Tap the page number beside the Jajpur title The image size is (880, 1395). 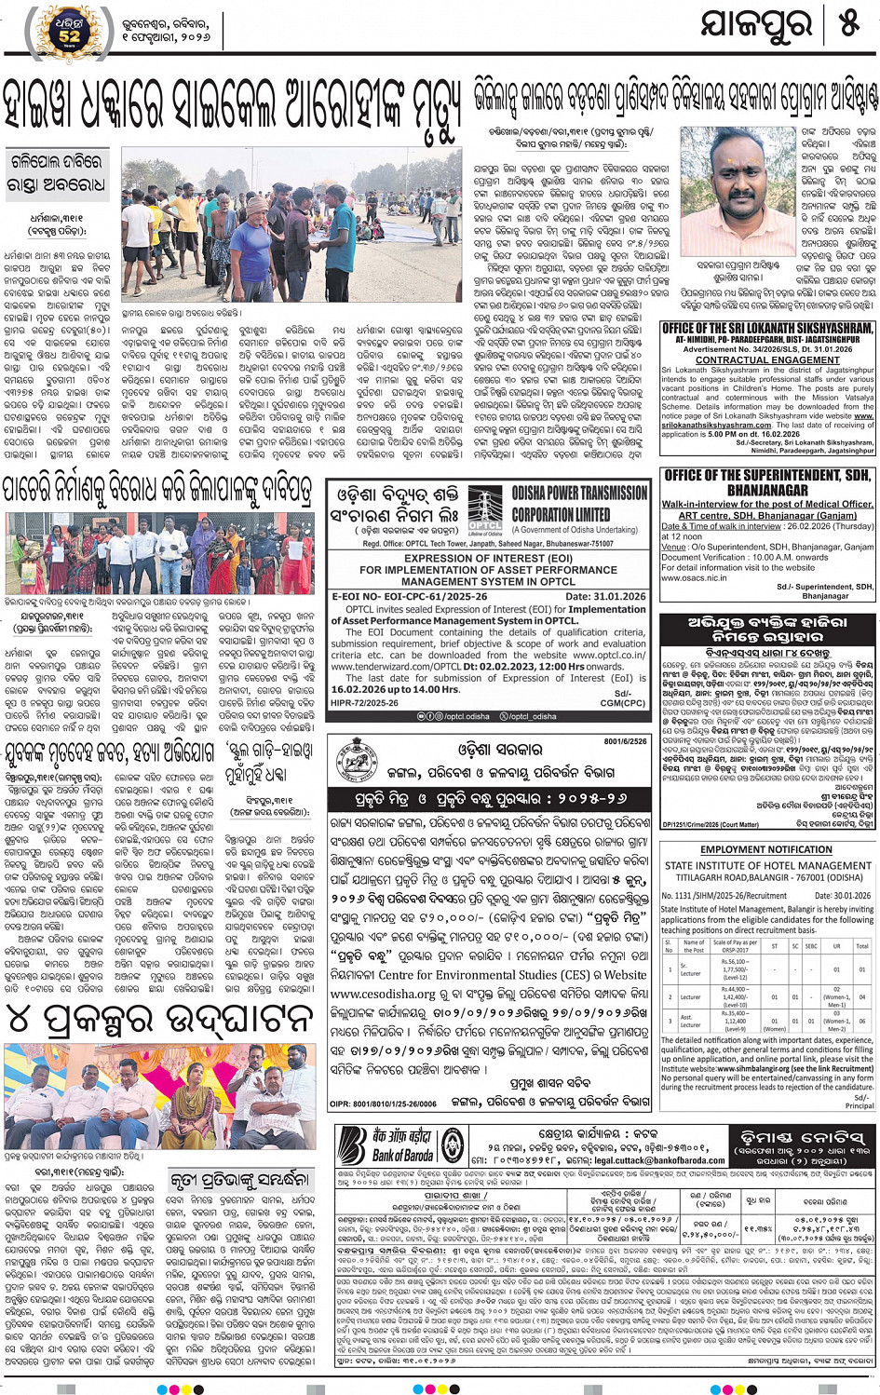click(847, 25)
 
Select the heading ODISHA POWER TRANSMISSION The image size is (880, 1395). click(579, 494)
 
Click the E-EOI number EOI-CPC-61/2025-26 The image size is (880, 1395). click(409, 597)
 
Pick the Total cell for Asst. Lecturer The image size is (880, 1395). click(861, 1022)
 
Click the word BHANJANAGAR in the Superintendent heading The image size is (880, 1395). click(767, 490)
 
